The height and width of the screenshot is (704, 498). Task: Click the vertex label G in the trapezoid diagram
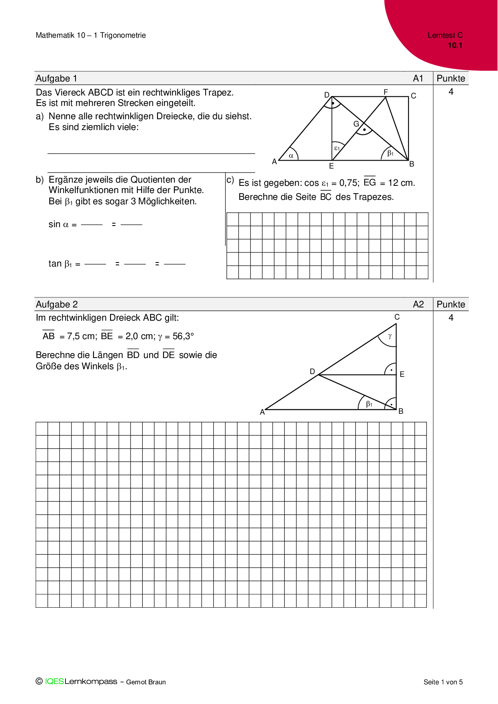pos(356,124)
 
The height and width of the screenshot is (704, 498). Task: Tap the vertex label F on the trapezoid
pos(386,92)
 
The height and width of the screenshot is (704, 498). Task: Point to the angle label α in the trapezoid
pos(291,156)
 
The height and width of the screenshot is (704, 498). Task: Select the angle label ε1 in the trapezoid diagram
pos(337,148)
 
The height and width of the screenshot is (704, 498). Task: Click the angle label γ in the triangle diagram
pos(390,336)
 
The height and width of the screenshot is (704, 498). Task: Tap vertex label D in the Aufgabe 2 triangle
pos(312,372)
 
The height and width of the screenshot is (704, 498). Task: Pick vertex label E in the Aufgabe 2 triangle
pos(402,374)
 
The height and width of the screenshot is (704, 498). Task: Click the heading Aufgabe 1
pos(57,78)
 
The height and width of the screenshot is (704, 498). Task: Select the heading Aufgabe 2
pos(57,304)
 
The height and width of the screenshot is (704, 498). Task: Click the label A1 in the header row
pos(418,78)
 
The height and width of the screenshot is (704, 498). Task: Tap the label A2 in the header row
pos(418,304)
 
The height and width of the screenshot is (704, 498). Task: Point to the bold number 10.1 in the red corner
pos(455,45)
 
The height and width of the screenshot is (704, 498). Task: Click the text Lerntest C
pos(445,35)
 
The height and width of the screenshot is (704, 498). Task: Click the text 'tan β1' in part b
pos(60,264)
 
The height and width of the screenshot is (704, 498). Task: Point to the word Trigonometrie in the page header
pos(123,35)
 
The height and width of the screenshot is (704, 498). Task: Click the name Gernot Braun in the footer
pos(146,682)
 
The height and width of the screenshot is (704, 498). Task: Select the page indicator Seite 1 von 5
pos(443,682)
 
